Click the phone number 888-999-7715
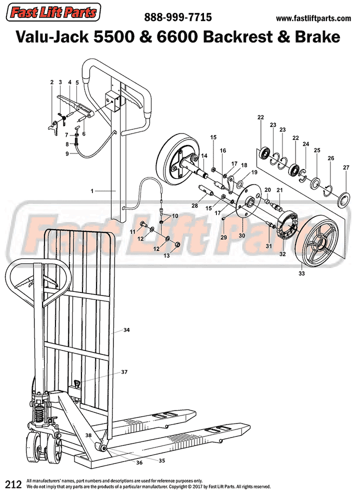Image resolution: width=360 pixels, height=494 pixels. click(178, 17)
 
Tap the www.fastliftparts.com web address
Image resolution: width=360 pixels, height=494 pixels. click(313, 18)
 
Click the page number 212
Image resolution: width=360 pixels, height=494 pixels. click(12, 484)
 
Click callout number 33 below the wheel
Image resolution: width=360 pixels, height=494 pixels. click(301, 273)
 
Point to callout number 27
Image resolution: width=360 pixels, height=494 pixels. click(346, 167)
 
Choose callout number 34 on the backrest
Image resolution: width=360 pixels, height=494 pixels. click(126, 330)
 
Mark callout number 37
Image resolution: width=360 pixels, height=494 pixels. click(124, 372)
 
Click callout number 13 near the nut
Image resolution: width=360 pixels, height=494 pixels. click(167, 255)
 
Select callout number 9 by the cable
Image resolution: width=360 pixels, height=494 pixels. click(67, 153)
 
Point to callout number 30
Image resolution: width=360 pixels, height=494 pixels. click(242, 235)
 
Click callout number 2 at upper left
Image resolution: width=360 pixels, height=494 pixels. click(51, 82)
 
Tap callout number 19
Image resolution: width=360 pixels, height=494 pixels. click(254, 172)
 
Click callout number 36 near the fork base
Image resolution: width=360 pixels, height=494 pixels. click(139, 463)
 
